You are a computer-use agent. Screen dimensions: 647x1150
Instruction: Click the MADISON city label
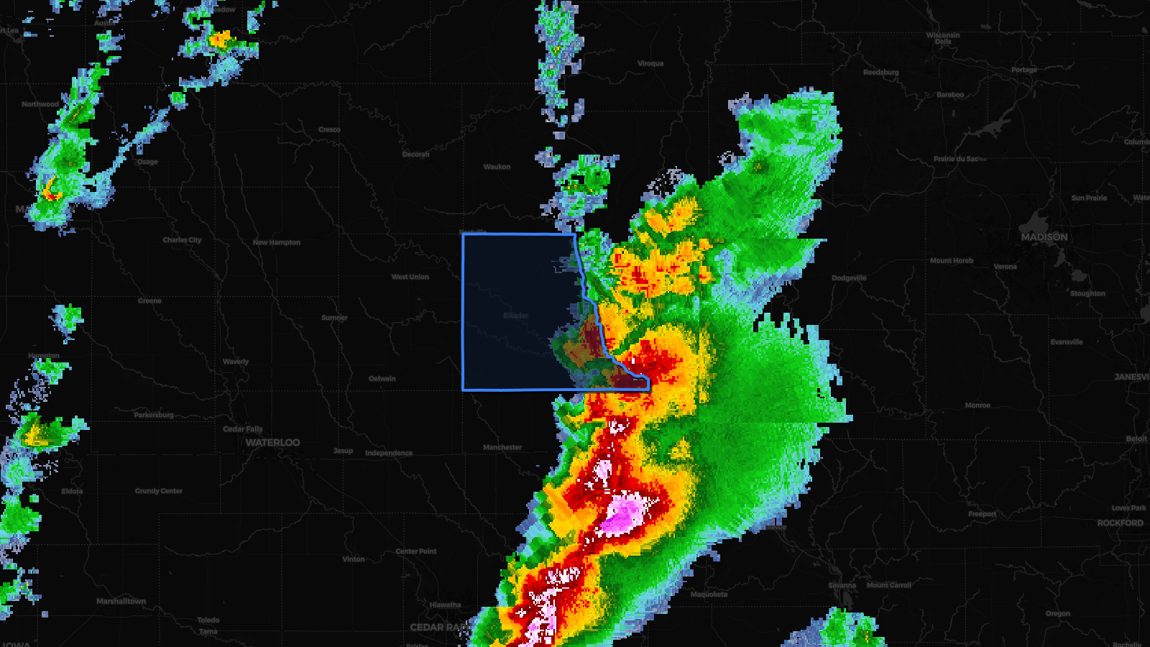click(1044, 237)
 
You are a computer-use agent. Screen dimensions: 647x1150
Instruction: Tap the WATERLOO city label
click(272, 443)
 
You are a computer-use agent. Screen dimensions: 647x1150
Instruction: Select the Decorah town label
click(415, 155)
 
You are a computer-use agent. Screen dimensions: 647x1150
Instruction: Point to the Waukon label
click(497, 167)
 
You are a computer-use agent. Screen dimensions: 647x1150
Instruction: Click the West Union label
click(410, 277)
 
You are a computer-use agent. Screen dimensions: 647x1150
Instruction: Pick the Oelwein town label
click(382, 379)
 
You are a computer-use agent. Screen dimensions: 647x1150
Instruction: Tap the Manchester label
click(502, 447)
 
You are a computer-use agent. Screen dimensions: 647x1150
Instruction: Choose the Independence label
click(388, 453)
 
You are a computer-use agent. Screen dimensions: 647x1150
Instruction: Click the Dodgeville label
click(849, 278)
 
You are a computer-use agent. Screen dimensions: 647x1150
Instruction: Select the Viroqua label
click(650, 64)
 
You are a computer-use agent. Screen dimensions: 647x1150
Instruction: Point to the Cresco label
click(329, 130)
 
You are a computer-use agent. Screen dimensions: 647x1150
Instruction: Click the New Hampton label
click(276, 242)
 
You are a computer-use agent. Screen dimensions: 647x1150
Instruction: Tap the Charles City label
click(182, 240)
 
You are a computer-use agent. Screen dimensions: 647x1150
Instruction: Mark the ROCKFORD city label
click(1120, 523)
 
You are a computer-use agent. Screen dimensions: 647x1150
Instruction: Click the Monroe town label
click(977, 405)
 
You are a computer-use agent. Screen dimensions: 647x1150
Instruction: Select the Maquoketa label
click(709, 595)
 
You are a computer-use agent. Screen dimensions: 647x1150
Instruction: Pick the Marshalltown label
click(121, 601)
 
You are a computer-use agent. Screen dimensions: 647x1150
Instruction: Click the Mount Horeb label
click(951, 261)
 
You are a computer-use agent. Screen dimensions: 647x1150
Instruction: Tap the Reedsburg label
click(880, 73)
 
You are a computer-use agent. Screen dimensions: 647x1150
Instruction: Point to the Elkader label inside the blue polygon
click(515, 316)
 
